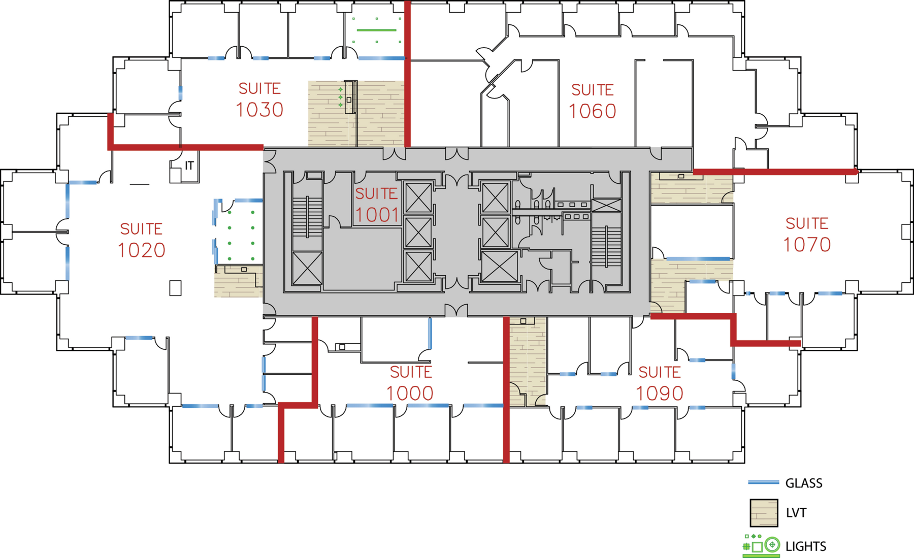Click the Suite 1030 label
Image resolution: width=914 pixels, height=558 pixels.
click(x=259, y=100)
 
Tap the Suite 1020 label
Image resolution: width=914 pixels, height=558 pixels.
click(x=142, y=240)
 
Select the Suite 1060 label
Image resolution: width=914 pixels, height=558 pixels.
click(x=593, y=101)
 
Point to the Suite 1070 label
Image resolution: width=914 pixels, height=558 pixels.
click(x=807, y=235)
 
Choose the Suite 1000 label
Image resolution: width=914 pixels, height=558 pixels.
click(x=410, y=383)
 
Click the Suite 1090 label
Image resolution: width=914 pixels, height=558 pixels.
click(x=660, y=383)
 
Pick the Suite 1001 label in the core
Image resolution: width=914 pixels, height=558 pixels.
click(x=376, y=205)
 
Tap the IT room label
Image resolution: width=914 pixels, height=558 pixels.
click(x=189, y=166)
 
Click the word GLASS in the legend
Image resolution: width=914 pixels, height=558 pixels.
click(x=804, y=483)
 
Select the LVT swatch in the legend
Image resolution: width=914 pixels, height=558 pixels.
click(x=764, y=513)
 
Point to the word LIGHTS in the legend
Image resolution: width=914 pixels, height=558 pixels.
click(x=806, y=546)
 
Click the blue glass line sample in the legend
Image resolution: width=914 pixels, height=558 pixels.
click(x=763, y=482)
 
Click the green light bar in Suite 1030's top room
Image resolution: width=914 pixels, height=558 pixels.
click(x=376, y=30)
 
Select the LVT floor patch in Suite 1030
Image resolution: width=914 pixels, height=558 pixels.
click(x=356, y=114)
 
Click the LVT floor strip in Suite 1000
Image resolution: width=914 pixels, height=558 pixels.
click(x=528, y=362)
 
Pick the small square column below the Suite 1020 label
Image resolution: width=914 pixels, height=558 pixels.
click(x=175, y=288)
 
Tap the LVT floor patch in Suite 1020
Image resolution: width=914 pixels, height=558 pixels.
click(x=238, y=281)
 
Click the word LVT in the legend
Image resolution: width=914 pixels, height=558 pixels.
click(x=796, y=513)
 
